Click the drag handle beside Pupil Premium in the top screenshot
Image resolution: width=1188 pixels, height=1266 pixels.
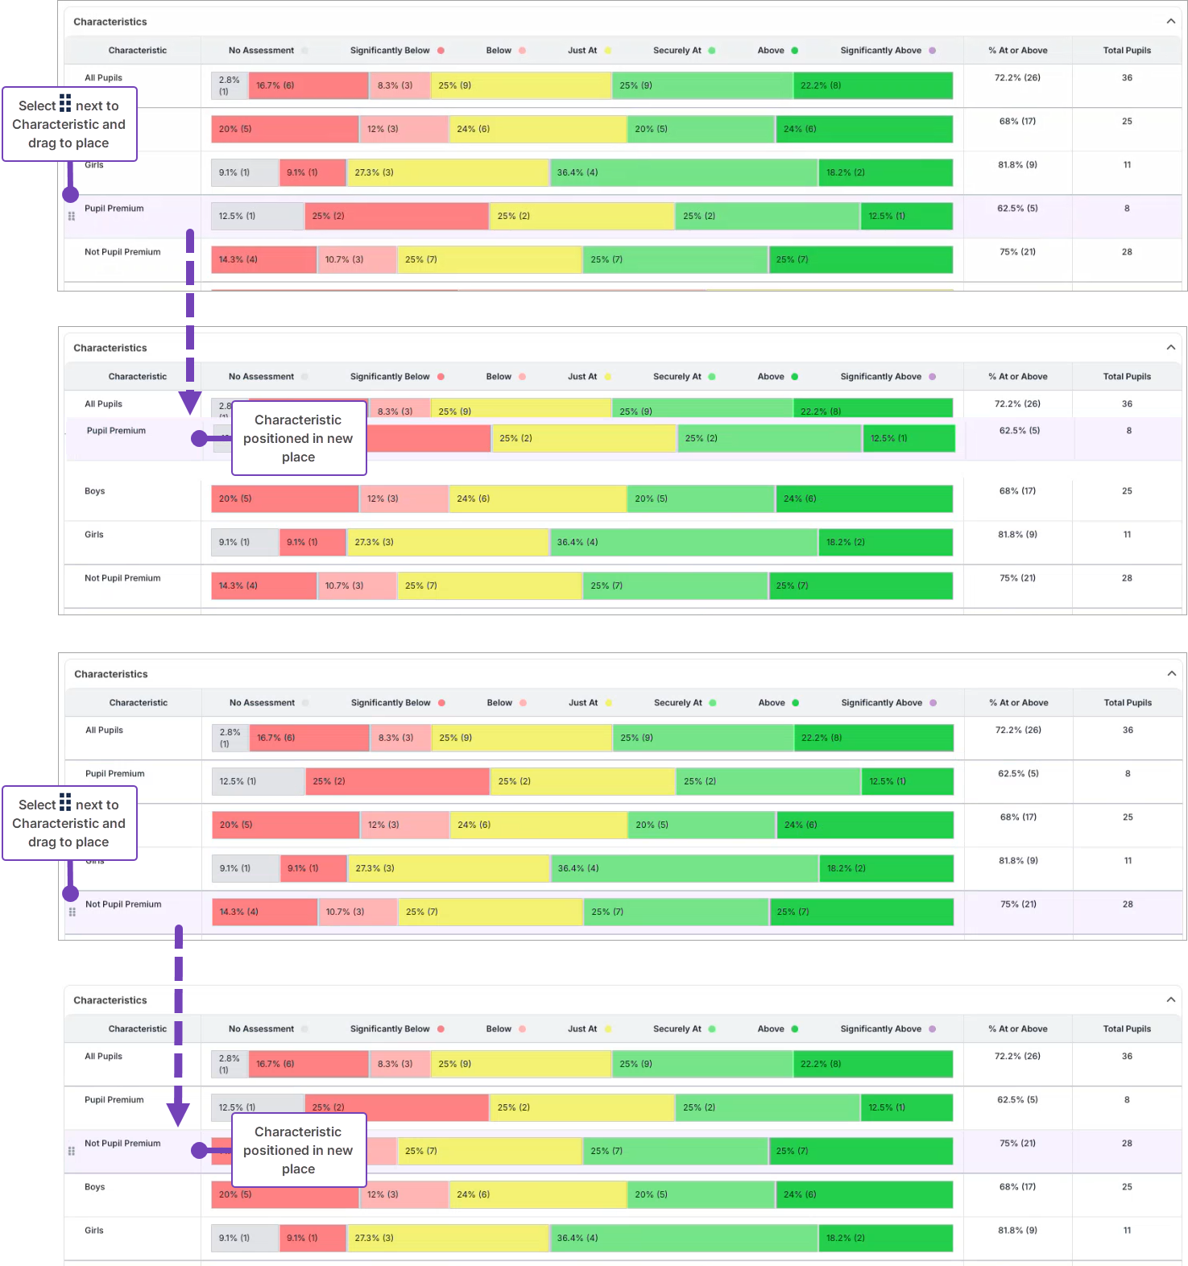click(72, 216)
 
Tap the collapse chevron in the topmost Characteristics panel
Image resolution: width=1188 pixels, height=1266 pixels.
click(1170, 21)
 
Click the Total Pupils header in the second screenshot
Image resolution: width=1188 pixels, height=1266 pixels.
click(1127, 376)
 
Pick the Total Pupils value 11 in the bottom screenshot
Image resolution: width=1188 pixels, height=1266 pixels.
click(1127, 1230)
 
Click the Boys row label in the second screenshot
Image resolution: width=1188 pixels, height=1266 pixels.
click(95, 491)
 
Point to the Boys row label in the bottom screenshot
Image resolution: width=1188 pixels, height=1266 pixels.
click(95, 1187)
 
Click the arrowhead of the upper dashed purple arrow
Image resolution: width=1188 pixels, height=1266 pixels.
click(190, 402)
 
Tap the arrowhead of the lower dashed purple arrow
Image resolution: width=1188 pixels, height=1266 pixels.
click(178, 1115)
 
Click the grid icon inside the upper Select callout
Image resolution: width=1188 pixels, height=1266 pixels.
click(65, 105)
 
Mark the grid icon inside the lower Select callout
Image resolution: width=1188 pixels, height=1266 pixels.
click(65, 804)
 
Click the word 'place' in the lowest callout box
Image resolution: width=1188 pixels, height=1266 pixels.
click(298, 1169)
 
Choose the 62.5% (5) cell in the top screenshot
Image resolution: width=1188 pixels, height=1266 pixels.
click(1017, 209)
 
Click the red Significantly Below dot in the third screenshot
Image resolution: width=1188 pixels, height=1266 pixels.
click(441, 703)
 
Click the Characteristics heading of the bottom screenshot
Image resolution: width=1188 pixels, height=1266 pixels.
click(110, 1000)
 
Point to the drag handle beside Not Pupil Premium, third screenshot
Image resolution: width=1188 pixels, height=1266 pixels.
click(72, 912)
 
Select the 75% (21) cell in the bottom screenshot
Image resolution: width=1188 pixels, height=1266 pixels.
click(1017, 1144)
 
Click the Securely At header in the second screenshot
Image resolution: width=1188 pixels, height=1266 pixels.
click(677, 376)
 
